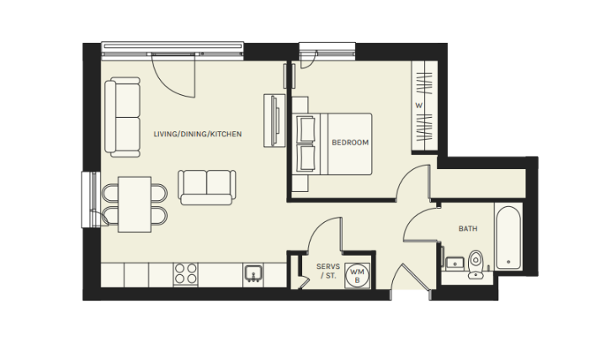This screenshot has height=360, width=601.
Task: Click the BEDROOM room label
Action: [x=350, y=142]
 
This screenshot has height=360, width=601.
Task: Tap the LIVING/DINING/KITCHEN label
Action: [x=198, y=134]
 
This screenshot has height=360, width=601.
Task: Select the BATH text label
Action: [x=468, y=229]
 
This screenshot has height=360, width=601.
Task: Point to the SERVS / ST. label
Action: [x=328, y=271]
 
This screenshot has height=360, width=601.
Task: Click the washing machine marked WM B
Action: [x=357, y=276]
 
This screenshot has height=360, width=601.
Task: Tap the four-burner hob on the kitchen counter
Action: [x=185, y=274]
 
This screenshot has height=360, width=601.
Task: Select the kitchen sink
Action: [x=253, y=273]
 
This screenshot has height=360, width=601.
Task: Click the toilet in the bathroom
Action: [x=476, y=264]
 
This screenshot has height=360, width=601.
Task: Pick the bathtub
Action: [x=508, y=237]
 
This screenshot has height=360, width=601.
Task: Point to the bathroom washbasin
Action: [x=455, y=262]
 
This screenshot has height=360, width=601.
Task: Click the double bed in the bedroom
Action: [x=332, y=144]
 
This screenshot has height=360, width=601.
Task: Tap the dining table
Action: [x=134, y=204]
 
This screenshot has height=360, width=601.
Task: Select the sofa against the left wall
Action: [x=123, y=117]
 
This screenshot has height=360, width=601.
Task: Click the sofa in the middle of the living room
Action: [x=207, y=188]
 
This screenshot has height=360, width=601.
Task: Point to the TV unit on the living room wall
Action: [x=274, y=120]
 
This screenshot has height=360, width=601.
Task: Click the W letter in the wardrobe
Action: [x=418, y=105]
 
